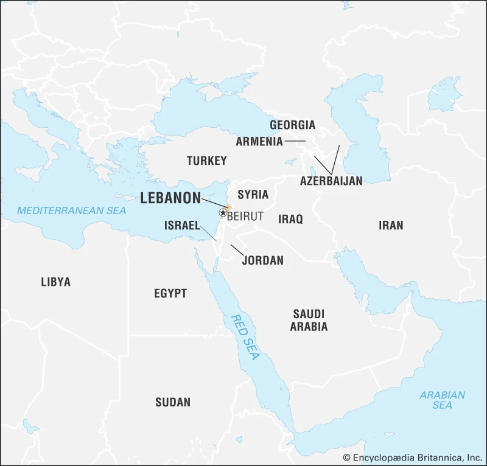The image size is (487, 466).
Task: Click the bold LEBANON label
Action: [x=170, y=198]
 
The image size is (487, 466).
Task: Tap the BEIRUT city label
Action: [x=245, y=216]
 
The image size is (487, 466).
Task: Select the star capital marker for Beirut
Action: [x=223, y=212]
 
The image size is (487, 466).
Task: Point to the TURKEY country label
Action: [x=206, y=161]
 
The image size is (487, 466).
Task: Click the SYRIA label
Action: [x=253, y=195]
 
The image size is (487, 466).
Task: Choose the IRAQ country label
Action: [x=290, y=219]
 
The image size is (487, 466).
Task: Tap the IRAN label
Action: [x=390, y=225]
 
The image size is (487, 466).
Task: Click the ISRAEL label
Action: [x=182, y=226]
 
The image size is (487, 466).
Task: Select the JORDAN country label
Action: [x=262, y=260]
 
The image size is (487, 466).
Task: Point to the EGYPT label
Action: [x=170, y=293]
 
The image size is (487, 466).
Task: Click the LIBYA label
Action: [x=56, y=282]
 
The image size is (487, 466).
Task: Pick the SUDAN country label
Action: [x=173, y=402]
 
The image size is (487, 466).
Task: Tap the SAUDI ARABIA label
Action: [x=309, y=320]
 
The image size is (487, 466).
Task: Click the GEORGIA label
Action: [x=293, y=125]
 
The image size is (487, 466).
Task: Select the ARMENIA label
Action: [x=259, y=142]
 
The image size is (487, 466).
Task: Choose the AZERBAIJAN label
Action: [x=331, y=181]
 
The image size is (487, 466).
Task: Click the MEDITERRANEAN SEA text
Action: [x=71, y=210]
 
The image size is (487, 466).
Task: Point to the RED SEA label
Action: [x=245, y=337]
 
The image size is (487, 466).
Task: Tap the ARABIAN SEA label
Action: [x=442, y=400]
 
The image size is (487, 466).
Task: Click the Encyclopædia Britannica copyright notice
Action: [x=412, y=457]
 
